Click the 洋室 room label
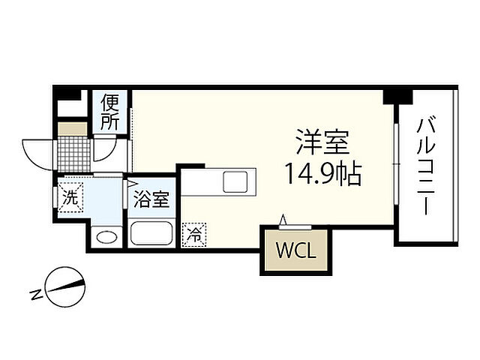pyautogui.click(x=322, y=141)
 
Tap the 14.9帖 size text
pyautogui.click(x=323, y=175)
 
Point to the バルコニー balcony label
pyautogui.click(x=427, y=165)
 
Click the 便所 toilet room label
pyautogui.click(x=110, y=111)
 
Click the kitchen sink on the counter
pyautogui.click(x=235, y=181)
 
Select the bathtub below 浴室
pyautogui.click(x=152, y=233)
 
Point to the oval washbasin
pyautogui.click(x=106, y=238)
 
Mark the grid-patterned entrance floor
pyautogui.click(x=73, y=154)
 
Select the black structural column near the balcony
pyautogui.click(x=397, y=96)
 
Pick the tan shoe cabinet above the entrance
pyautogui.click(x=73, y=128)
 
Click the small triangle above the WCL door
pyautogui.click(x=283, y=218)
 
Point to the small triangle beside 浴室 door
pyautogui.click(x=131, y=182)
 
